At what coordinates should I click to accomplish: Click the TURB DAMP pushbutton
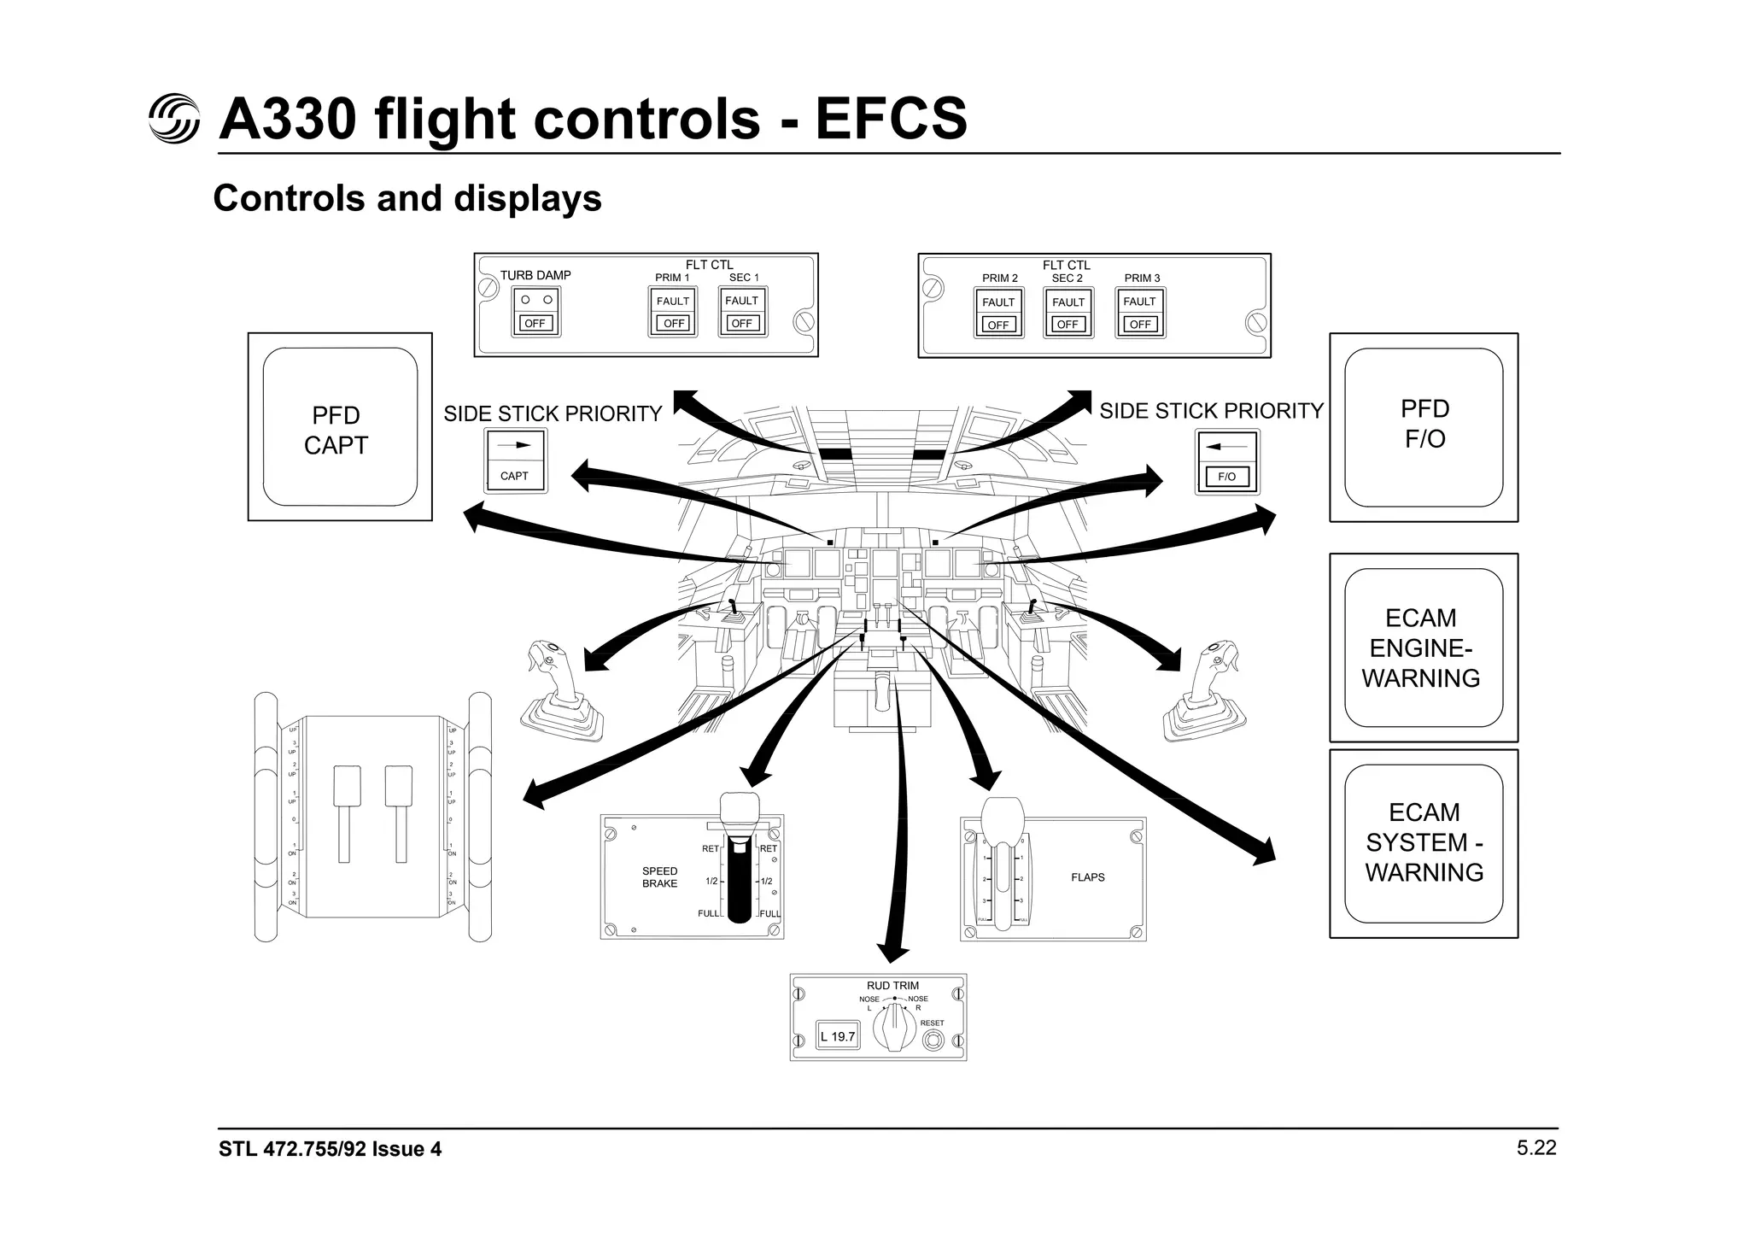coord(535,311)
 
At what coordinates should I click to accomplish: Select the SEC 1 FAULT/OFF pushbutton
coord(741,312)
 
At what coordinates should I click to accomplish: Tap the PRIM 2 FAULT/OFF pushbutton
coord(998,313)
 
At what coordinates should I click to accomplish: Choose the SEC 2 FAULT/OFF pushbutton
coord(1068,313)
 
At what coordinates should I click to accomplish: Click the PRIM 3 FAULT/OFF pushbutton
coord(1139,313)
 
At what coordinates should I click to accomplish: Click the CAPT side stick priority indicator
coord(515,460)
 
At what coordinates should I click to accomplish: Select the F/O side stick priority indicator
coord(1226,462)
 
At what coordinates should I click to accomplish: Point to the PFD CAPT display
coord(339,427)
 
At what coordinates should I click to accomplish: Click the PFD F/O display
coord(1423,426)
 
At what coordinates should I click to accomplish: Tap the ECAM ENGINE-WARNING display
coord(1423,648)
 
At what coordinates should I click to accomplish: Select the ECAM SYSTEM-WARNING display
coord(1423,843)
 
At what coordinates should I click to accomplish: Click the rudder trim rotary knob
coord(894,1026)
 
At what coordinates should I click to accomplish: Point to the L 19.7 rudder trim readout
coord(838,1036)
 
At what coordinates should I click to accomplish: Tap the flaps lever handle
coord(1002,820)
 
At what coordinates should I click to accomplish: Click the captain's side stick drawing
coord(559,692)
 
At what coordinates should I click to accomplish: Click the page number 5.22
coord(1535,1148)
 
